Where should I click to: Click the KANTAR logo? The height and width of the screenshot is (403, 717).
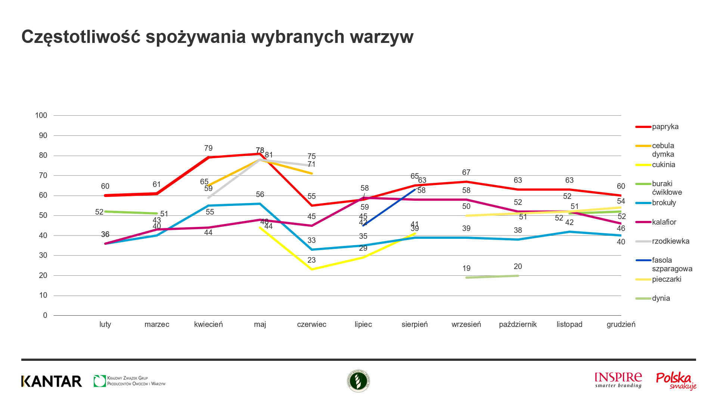(x=52, y=381)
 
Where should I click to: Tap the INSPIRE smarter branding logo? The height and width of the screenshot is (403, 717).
(x=618, y=380)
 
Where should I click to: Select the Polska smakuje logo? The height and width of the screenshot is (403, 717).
(x=676, y=381)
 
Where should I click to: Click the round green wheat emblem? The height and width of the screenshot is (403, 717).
(x=358, y=381)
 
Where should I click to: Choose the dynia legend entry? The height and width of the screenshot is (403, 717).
(x=661, y=299)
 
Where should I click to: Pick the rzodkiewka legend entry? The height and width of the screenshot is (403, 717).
(x=670, y=241)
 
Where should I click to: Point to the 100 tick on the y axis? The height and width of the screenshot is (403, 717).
(x=41, y=115)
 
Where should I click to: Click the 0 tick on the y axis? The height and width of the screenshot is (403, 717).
(x=45, y=315)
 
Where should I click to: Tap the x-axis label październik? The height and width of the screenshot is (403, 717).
(x=518, y=324)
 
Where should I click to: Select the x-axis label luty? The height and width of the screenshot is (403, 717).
(x=105, y=324)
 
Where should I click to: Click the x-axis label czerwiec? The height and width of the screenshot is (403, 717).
(x=311, y=324)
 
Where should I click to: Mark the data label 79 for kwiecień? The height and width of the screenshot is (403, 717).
(x=208, y=148)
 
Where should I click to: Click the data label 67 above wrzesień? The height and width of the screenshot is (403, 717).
(x=466, y=172)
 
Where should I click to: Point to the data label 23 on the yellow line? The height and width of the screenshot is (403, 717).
(x=311, y=260)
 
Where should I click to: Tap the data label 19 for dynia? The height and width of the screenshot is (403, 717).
(x=466, y=268)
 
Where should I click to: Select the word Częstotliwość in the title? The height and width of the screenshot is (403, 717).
(x=81, y=37)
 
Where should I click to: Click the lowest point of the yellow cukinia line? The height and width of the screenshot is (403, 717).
(x=312, y=269)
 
